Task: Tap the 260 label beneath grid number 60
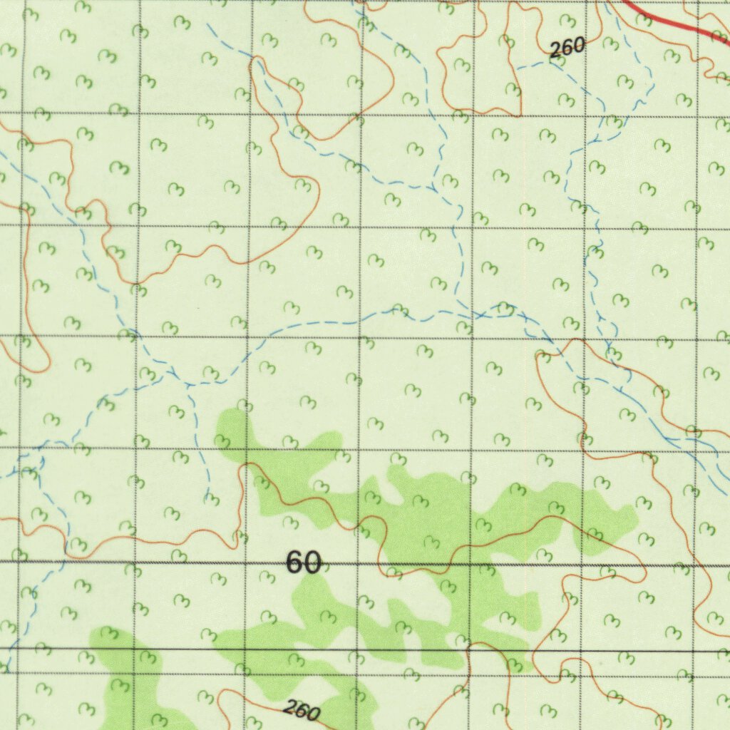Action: point(302,711)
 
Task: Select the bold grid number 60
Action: point(304,562)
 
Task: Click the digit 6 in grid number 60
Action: point(294,562)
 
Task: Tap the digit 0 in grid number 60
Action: point(312,563)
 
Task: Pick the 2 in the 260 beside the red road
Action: point(556,51)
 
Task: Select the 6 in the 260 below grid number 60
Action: point(302,711)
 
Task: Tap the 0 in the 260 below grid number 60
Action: point(313,714)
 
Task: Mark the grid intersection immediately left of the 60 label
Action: point(245,563)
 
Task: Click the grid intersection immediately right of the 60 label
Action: point(356,564)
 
